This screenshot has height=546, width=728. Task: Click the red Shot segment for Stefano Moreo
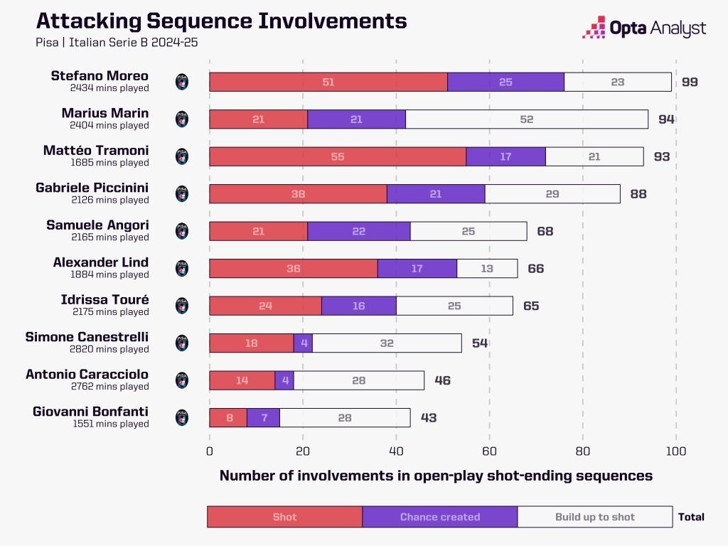(x=328, y=82)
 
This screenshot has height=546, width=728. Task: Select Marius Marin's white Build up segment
(x=527, y=119)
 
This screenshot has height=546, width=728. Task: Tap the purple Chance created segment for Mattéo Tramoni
(x=505, y=156)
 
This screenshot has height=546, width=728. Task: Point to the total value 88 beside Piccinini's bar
(x=638, y=193)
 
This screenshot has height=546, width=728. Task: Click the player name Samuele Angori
(x=97, y=225)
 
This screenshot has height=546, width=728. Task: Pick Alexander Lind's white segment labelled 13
(x=486, y=268)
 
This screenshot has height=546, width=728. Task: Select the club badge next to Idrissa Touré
(x=182, y=306)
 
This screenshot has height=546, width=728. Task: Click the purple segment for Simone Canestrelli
(x=303, y=343)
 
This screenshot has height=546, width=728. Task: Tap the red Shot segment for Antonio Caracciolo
(x=242, y=380)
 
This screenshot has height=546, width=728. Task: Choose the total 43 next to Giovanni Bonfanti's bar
(x=428, y=417)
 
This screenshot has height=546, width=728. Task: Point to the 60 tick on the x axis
(x=489, y=451)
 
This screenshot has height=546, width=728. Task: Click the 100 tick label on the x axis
(x=676, y=451)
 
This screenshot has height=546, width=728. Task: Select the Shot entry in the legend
(x=284, y=517)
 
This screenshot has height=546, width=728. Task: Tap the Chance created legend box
(x=439, y=517)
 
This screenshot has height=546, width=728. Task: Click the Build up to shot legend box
(x=594, y=517)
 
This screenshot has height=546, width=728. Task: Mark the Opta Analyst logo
(x=644, y=28)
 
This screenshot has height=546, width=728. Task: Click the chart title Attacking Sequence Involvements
(x=221, y=21)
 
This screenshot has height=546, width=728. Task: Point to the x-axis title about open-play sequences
(x=436, y=476)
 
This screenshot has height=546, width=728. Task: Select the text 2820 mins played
(x=111, y=349)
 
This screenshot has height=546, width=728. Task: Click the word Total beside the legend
(x=691, y=517)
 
